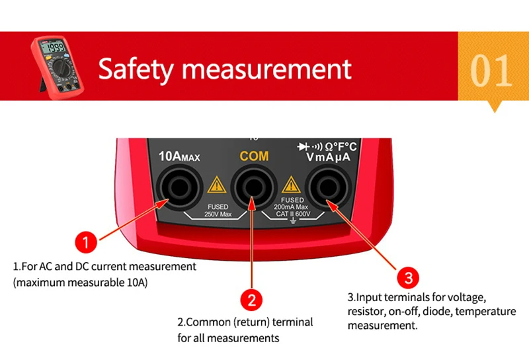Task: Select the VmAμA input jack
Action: click(328, 190)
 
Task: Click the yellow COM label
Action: click(254, 156)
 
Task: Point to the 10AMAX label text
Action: click(179, 157)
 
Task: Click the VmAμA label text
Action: click(328, 158)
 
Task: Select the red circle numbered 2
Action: click(251, 300)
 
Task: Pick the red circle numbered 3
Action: click(408, 277)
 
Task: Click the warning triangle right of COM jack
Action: click(291, 185)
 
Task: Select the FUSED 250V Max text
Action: click(218, 211)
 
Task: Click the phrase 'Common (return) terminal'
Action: click(245, 322)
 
